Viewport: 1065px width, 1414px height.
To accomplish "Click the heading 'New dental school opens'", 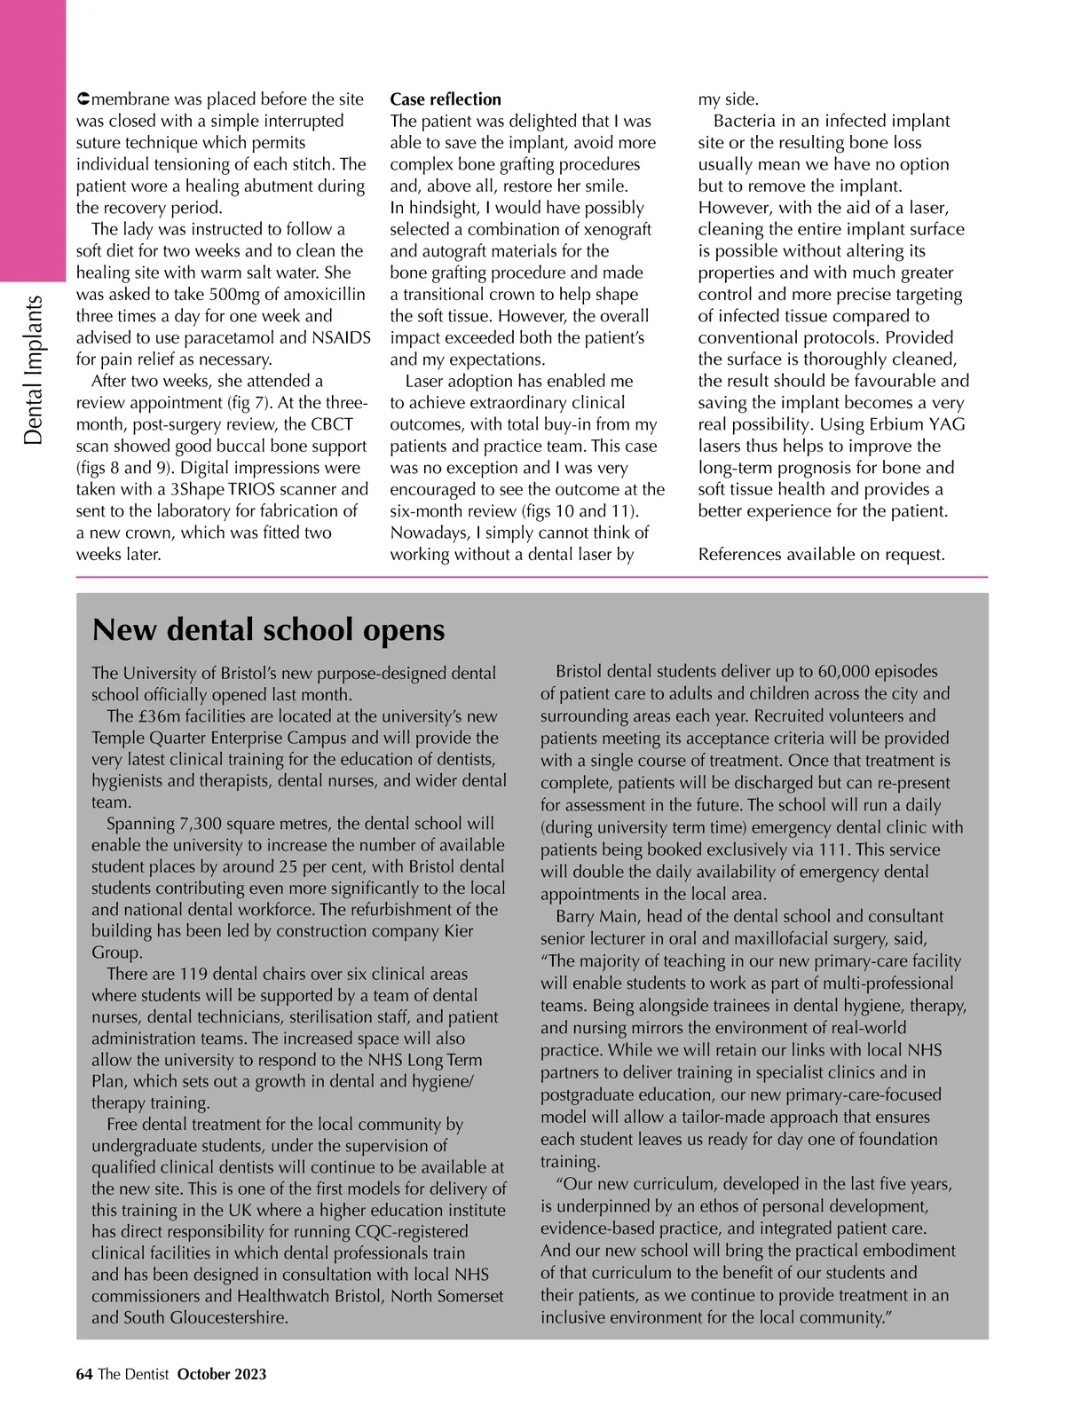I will point(268,630).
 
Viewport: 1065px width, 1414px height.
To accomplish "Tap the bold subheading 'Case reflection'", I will point(446,99).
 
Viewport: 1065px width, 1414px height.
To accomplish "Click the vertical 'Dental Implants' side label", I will point(34,370).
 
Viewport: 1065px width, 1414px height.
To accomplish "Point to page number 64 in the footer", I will point(84,1374).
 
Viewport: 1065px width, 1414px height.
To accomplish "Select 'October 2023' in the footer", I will point(222,1374).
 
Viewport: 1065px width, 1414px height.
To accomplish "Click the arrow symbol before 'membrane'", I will point(83,99).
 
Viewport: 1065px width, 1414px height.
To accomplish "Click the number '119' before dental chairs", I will point(193,974).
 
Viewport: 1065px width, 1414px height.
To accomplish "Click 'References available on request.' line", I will point(821,555).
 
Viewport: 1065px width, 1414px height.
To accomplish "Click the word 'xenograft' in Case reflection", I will point(611,229).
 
